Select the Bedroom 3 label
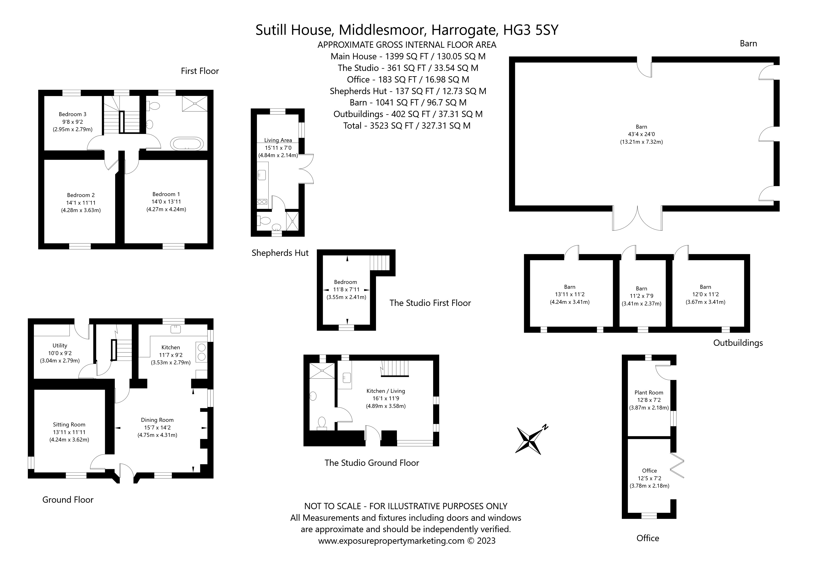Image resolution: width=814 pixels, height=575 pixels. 73,114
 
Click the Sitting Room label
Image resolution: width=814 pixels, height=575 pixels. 69,425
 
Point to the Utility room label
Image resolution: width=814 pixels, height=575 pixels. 60,346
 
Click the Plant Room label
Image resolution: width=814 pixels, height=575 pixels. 649,392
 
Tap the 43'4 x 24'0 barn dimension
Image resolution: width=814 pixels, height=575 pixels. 641,134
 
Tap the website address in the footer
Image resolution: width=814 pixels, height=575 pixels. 391,541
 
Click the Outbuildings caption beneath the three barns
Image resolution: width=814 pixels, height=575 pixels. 738,343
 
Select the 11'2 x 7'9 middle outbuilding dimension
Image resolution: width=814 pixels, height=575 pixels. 641,296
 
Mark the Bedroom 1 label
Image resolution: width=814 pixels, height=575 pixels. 166,194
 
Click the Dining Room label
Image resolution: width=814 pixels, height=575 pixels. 157,420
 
